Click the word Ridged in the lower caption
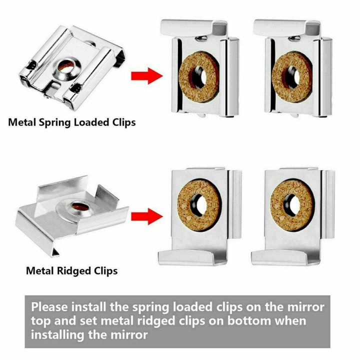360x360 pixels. (x=73, y=271)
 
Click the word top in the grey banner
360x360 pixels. (x=42, y=320)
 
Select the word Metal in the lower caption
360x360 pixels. (x=40, y=271)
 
